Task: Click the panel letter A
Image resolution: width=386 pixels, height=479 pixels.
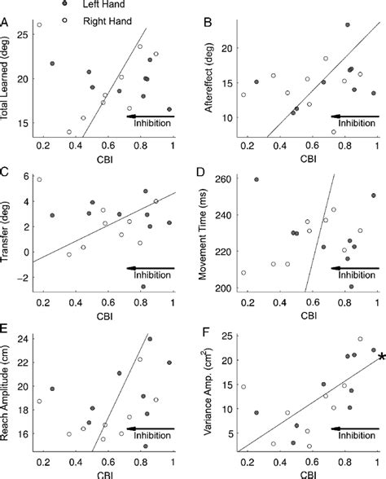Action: [x=7, y=24]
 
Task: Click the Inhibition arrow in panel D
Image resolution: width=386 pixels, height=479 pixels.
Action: [x=355, y=268]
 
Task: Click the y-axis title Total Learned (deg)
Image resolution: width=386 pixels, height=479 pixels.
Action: [x=7, y=81]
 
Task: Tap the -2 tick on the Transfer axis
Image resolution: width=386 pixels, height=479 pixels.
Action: [x=24, y=278]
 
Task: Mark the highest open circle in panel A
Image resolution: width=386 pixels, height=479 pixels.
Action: [x=38, y=25]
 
